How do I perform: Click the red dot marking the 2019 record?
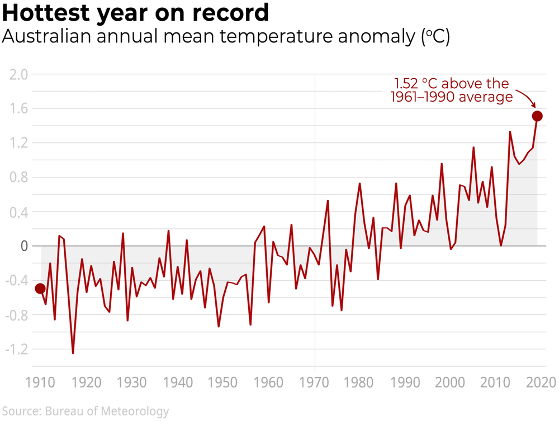tap(537, 116)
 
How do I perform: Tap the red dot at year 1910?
tap(40, 289)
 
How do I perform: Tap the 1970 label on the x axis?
tap(315, 383)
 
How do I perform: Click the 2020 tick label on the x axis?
tap(541, 383)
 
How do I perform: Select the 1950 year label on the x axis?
tap(224, 383)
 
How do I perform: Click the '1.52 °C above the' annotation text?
tap(452, 84)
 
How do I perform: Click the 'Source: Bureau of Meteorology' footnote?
tap(84, 412)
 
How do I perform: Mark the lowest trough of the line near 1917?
tap(73, 353)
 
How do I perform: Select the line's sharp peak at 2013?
tap(510, 132)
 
